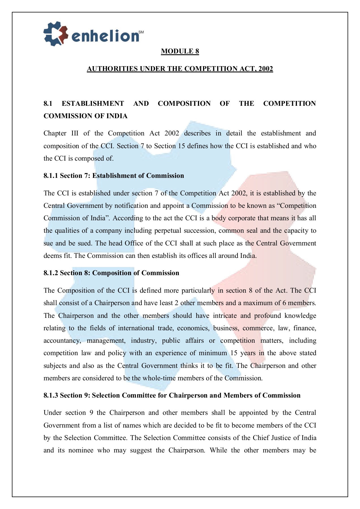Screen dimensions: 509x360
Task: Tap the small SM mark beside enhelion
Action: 141,32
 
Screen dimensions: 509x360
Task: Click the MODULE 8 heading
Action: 180,51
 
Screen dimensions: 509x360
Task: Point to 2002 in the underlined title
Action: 266,69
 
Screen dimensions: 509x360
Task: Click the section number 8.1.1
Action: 51,176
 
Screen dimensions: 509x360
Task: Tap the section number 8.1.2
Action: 51,273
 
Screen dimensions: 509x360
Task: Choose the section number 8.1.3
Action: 51,395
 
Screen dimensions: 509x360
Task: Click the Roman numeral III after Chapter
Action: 75,133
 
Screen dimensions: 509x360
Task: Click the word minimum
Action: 213,353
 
